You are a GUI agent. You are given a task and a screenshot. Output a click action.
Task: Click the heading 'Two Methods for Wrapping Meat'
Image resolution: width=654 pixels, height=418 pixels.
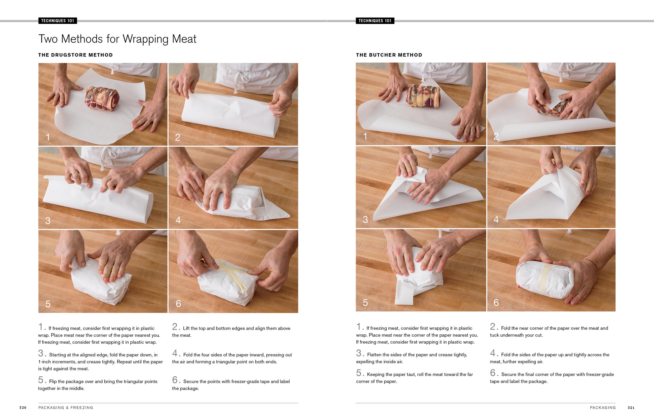tap(117, 39)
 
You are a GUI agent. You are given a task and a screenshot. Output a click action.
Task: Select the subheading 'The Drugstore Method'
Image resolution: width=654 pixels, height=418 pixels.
tap(75, 55)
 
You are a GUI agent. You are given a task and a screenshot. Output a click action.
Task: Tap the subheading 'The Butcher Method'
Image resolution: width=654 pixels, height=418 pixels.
tap(389, 55)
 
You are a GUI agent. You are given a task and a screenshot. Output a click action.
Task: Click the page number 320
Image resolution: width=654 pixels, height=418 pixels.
tap(23, 407)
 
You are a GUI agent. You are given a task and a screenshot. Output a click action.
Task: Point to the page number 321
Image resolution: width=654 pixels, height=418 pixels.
tap(631, 407)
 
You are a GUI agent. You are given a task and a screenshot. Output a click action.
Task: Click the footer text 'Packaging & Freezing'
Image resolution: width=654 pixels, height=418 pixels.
tap(66, 407)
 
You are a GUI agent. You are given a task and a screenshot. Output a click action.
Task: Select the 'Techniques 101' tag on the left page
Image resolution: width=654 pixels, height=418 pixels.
tap(58, 21)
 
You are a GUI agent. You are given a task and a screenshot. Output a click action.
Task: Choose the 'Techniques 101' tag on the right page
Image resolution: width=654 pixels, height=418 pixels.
tap(375, 21)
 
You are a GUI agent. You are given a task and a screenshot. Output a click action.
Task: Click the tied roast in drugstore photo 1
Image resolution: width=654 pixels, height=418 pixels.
tap(102, 99)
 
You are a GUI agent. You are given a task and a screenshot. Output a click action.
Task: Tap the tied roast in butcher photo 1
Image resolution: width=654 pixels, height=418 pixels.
tap(423, 96)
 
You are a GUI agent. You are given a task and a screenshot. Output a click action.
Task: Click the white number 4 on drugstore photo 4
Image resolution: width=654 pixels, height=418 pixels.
tap(178, 220)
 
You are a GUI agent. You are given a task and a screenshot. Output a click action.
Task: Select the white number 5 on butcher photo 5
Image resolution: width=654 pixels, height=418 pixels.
tap(365, 302)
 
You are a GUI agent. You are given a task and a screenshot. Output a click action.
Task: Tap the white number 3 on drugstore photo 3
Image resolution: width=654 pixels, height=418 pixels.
tap(48, 220)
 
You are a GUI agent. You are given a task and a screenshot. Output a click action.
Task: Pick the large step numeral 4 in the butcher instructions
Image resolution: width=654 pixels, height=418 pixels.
tap(493, 353)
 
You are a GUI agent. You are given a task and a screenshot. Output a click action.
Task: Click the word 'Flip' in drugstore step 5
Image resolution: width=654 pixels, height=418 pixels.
tap(53, 381)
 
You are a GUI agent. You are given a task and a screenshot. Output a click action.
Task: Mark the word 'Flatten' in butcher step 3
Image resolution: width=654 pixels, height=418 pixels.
tap(375, 354)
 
